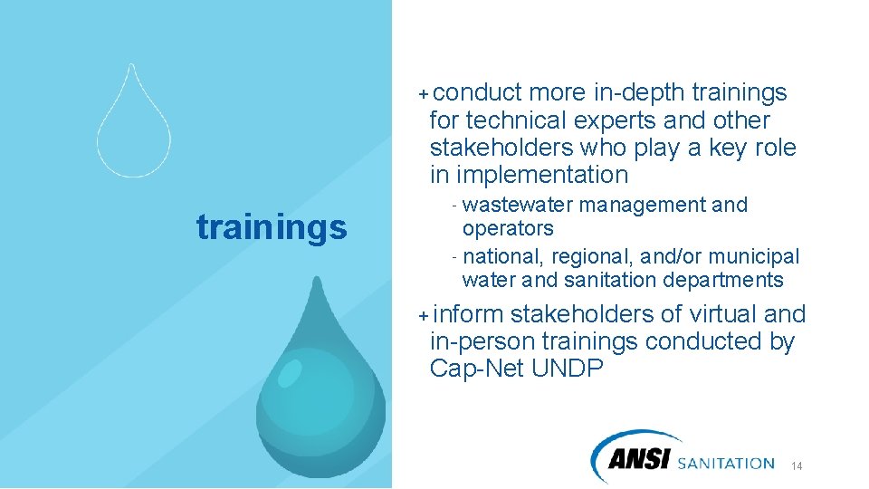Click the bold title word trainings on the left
(272, 228)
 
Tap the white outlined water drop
(133, 131)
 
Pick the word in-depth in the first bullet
(639, 92)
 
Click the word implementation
(542, 174)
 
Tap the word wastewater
(516, 205)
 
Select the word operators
(507, 228)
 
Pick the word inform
(468, 314)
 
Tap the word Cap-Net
(473, 369)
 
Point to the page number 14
(797, 466)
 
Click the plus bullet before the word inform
(423, 315)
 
